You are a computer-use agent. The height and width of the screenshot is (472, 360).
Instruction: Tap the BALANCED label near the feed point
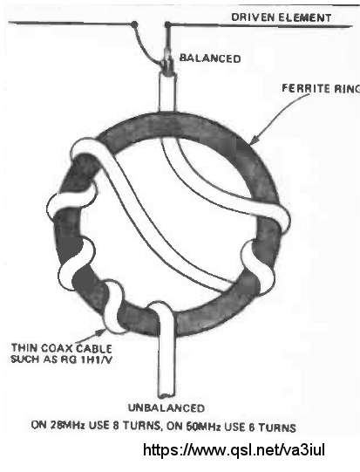pyautogui.click(x=210, y=58)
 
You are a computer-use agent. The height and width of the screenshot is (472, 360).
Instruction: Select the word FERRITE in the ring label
pyautogui.click(x=302, y=88)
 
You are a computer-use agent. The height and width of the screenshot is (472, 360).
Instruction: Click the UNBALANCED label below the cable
pyautogui.click(x=166, y=408)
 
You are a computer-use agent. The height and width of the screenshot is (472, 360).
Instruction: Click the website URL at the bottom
pyautogui.click(x=234, y=450)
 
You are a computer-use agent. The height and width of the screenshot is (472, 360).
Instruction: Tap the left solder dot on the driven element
pyautogui.click(x=135, y=24)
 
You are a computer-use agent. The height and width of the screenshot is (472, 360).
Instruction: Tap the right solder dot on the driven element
pyautogui.click(x=167, y=24)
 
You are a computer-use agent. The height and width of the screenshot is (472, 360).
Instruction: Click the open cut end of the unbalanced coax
pyautogui.click(x=166, y=394)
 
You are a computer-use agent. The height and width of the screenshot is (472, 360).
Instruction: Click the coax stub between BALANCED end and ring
pyautogui.click(x=166, y=93)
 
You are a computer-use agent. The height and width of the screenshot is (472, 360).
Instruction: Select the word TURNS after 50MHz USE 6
pyautogui.click(x=276, y=428)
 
